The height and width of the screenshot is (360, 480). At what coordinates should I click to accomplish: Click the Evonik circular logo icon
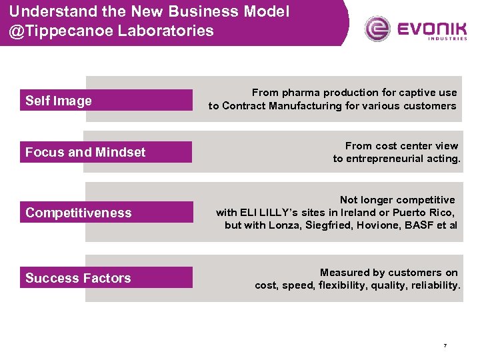pyautogui.click(x=377, y=29)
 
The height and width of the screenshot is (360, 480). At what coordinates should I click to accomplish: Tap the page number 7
pyautogui.click(x=445, y=345)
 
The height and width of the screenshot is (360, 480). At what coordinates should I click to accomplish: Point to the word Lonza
pyautogui.click(x=285, y=225)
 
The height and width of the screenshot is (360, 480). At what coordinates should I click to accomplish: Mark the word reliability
pyautogui.click(x=437, y=285)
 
